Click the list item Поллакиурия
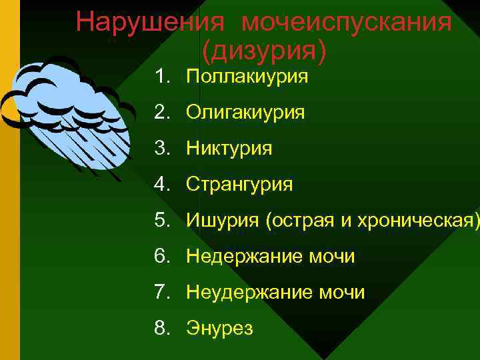tap(247, 77)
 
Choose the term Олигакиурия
tap(245, 113)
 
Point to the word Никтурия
tap(229, 148)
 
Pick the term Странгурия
tap(239, 184)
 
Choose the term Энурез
tap(219, 328)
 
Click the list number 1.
tap(161, 77)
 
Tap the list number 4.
tap(161, 184)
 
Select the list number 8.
tap(161, 328)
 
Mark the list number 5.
tap(161, 220)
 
